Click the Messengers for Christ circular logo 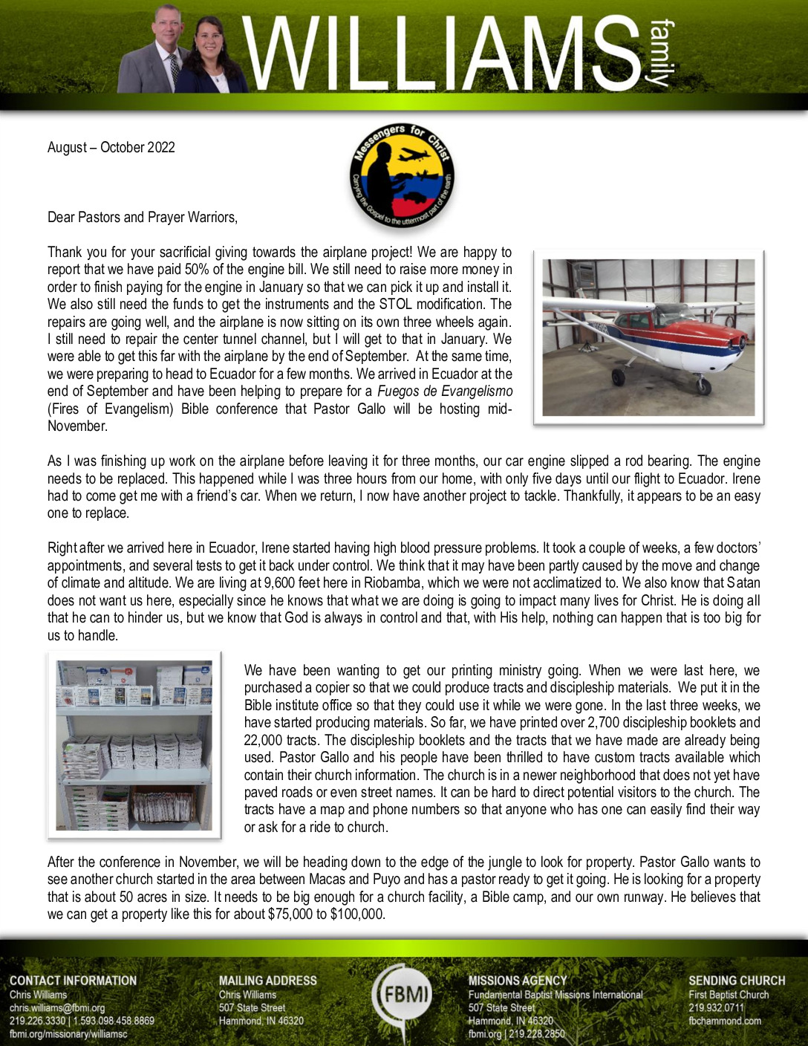403,176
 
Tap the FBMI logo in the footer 404,993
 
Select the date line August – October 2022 111,147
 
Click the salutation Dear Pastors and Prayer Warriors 143,217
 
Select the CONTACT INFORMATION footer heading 73,981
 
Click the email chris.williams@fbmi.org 57,1008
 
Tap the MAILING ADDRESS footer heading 267,981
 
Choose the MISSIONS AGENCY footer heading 518,981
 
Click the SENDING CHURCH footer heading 737,981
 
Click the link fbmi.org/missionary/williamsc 68,1033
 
